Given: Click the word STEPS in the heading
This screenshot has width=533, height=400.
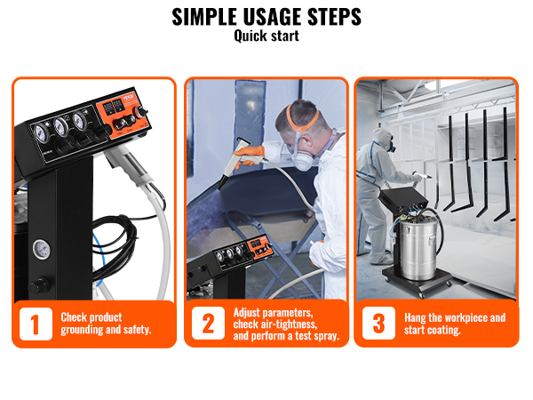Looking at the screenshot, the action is point(335,17).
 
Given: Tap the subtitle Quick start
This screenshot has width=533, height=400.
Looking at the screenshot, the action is point(266,36).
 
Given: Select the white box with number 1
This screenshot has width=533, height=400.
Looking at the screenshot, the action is point(36,324).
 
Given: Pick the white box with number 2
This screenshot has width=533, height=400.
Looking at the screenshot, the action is point(208,323).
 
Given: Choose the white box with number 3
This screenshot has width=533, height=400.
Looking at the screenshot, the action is point(378,323).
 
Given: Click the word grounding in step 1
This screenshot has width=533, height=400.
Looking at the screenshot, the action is point(82,330).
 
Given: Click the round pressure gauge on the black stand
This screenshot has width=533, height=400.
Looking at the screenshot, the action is point(42,249).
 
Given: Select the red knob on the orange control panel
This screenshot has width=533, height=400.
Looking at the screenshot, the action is point(139,112).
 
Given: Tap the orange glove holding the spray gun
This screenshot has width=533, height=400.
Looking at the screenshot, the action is point(251,155).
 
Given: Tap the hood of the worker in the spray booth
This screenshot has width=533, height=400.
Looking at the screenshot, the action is point(382,136).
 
